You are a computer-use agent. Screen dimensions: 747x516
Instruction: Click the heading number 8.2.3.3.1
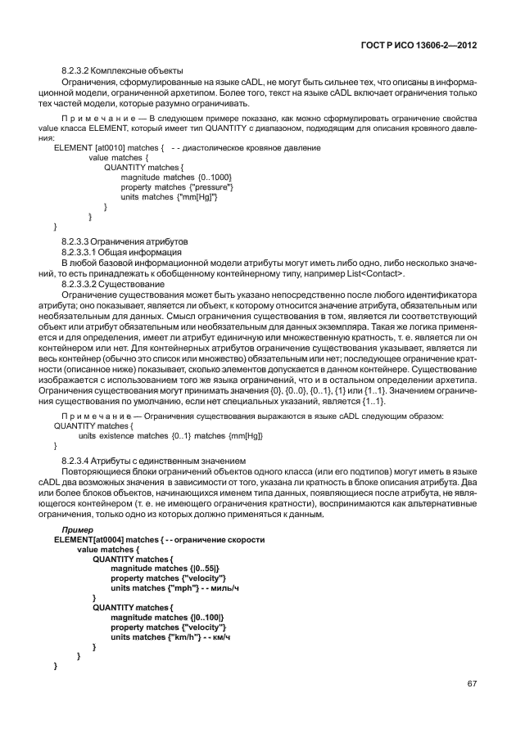click(84, 252)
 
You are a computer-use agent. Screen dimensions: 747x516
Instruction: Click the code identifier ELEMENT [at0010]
click(89, 147)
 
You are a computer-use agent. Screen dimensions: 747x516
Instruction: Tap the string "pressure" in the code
click(212, 187)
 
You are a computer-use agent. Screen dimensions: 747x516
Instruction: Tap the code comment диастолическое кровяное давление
click(256, 147)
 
